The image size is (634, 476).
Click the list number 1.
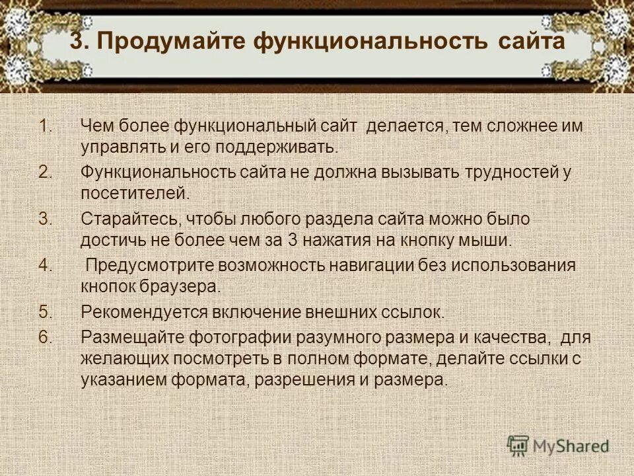pyautogui.click(x=45, y=125)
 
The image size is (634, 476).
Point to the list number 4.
pyautogui.click(x=45, y=266)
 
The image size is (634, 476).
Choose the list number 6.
pyautogui.click(x=45, y=337)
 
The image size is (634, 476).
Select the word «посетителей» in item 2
pyautogui.click(x=134, y=194)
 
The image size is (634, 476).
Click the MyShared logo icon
pyautogui.click(x=519, y=446)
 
